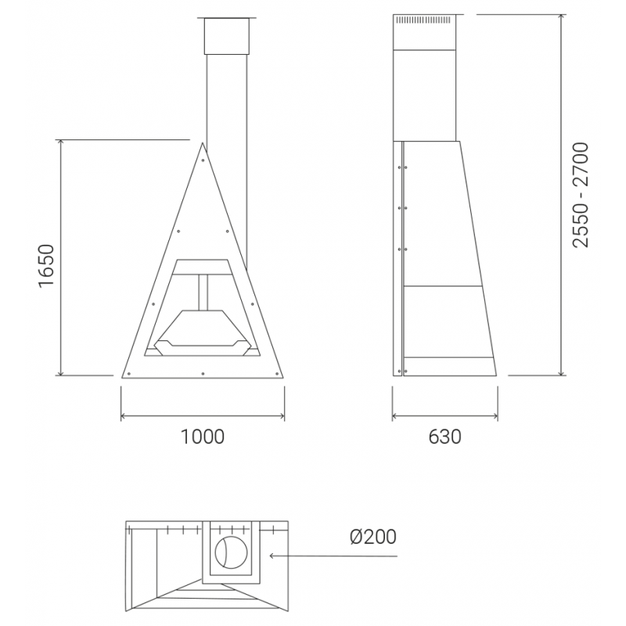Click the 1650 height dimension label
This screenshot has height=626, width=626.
46,265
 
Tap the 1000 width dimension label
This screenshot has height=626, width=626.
203,437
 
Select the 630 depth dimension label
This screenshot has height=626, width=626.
444,437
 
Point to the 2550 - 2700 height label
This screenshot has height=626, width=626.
581,195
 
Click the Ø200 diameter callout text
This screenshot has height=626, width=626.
373,537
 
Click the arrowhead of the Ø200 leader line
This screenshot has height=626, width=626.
272,556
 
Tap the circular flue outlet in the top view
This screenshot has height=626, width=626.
231,552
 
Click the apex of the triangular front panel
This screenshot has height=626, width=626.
203,143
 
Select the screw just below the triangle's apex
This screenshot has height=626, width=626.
203,160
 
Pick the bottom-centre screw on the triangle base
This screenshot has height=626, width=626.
203,373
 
